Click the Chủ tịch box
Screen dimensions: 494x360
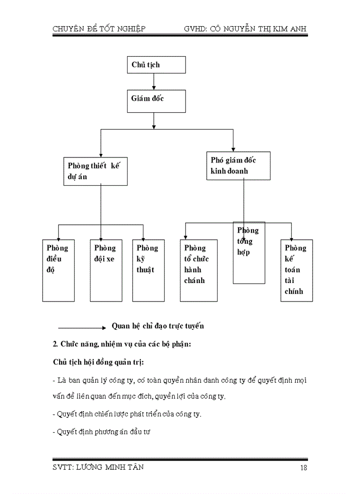click(156, 65)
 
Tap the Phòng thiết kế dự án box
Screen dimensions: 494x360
click(95, 171)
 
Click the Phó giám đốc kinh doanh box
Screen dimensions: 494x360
click(238, 166)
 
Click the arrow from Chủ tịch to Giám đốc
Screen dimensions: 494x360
click(154, 81)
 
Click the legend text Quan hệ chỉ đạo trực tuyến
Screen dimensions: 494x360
click(158, 326)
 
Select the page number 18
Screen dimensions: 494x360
click(303, 467)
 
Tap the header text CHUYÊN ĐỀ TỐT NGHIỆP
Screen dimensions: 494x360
click(99, 29)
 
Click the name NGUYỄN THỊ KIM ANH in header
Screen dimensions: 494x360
click(268, 29)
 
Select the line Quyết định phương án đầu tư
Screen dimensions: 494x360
click(104, 433)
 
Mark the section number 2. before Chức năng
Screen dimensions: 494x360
click(56, 344)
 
